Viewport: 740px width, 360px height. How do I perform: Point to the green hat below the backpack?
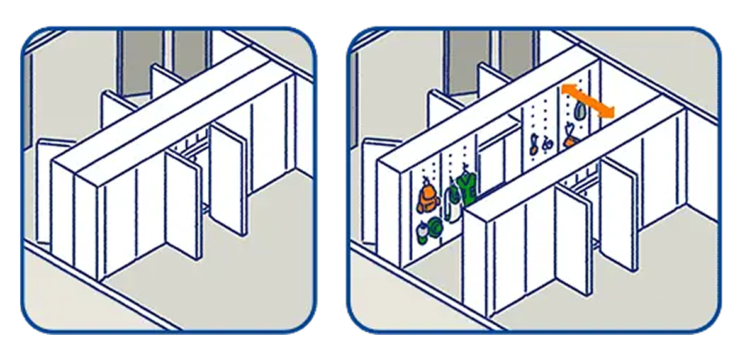[435, 225]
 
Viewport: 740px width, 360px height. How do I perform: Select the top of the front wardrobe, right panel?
[579, 157]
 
